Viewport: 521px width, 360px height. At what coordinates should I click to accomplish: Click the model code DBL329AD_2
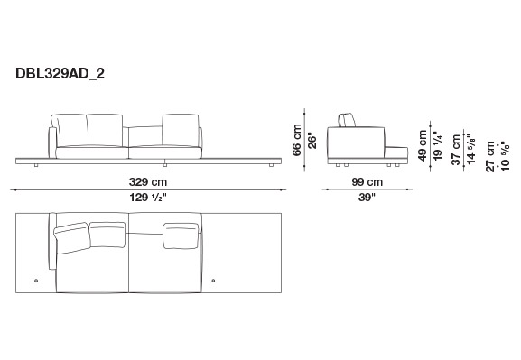pyautogui.click(x=60, y=73)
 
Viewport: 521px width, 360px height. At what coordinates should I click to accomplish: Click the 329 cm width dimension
pyautogui.click(x=148, y=182)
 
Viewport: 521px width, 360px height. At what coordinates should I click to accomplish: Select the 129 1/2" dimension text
pyautogui.click(x=148, y=198)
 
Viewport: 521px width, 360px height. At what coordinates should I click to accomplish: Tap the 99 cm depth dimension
pyautogui.click(x=367, y=182)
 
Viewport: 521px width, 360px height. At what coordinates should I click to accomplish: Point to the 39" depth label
pyautogui.click(x=367, y=198)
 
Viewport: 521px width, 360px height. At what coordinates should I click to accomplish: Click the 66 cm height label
pyautogui.click(x=297, y=140)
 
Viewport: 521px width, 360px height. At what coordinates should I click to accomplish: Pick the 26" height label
pyautogui.click(x=312, y=141)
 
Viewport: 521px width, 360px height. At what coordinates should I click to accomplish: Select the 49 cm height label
pyautogui.click(x=423, y=145)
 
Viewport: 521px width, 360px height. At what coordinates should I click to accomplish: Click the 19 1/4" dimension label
pyautogui.click(x=438, y=146)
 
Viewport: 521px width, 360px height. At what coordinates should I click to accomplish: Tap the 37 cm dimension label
pyautogui.click(x=456, y=150)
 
